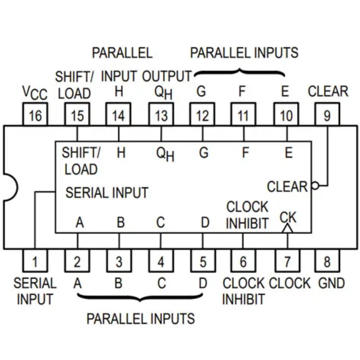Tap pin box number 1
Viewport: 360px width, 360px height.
click(x=35, y=261)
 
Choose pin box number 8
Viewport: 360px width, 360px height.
click(x=327, y=261)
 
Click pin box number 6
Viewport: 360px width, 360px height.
click(x=243, y=261)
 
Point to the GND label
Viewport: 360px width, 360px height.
click(x=331, y=283)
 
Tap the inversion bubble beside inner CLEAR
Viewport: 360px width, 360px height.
click(x=315, y=186)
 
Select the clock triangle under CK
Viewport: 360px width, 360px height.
click(x=288, y=229)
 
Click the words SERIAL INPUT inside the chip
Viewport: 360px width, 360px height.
click(x=107, y=193)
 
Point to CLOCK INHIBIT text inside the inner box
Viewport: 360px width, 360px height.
click(x=247, y=215)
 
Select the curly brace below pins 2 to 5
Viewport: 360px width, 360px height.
click(x=141, y=297)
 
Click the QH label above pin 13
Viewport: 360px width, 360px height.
click(x=163, y=93)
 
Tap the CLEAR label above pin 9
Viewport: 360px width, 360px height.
click(x=328, y=91)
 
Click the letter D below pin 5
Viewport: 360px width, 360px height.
click(x=203, y=283)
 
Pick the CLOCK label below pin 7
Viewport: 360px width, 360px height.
click(x=290, y=283)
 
